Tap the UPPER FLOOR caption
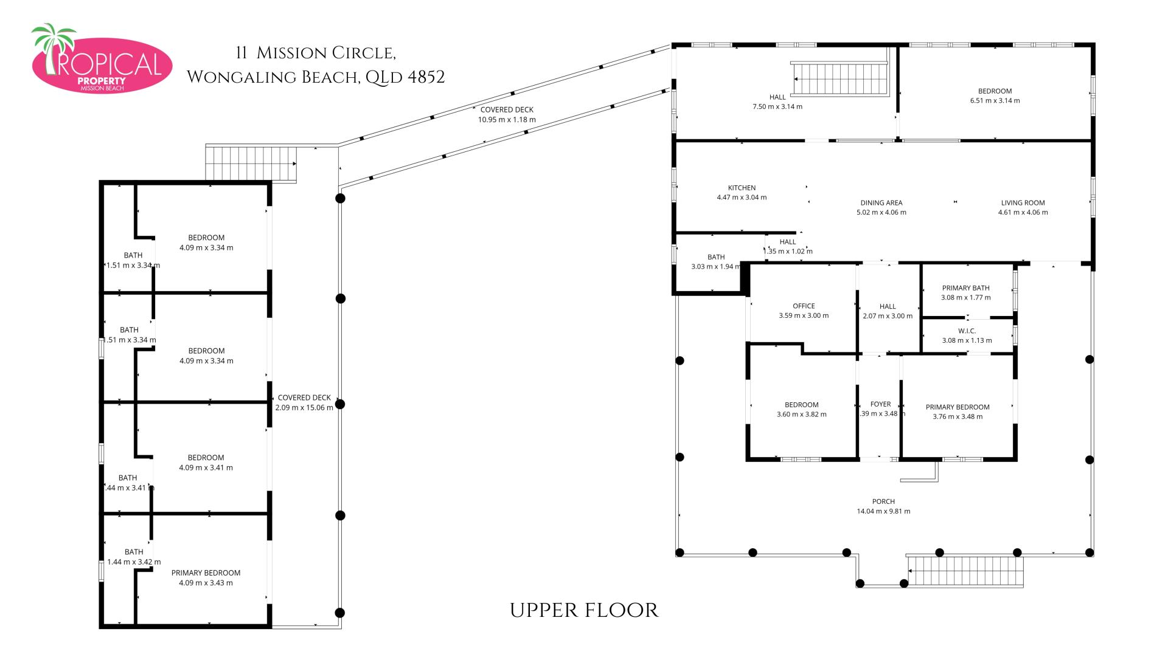click(x=584, y=610)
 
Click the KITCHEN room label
click(x=742, y=188)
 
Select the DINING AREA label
click(x=881, y=203)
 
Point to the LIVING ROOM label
click(x=1023, y=203)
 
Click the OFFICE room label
click(x=804, y=306)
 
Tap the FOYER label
click(x=880, y=404)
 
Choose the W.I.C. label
click(x=967, y=331)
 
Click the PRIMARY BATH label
click(x=965, y=288)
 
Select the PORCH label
click(x=883, y=501)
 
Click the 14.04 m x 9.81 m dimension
click(x=883, y=512)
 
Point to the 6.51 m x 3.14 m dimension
click(x=995, y=101)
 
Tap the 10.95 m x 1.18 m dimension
click(x=507, y=120)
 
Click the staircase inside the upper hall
click(x=841, y=79)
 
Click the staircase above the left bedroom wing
click(x=251, y=163)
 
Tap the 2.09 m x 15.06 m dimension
click(x=304, y=408)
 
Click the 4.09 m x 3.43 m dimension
click(x=206, y=583)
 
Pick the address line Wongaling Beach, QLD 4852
click(x=316, y=77)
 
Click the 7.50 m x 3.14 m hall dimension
click(x=777, y=107)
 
